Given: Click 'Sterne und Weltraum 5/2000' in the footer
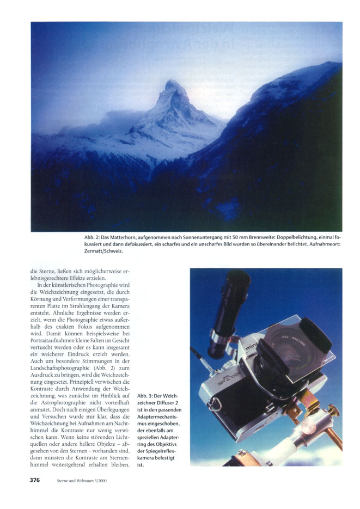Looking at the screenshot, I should click(x=82, y=481).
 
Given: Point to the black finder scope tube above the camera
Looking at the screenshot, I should click(x=231, y=305).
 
